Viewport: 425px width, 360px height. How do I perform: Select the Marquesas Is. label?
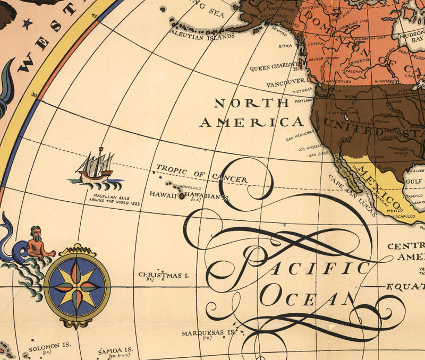coord(208,333)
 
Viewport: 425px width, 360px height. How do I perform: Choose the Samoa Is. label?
coord(115,352)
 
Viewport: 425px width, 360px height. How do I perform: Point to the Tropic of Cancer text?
coord(201,174)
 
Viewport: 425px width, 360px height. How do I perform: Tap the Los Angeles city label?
coord(311,149)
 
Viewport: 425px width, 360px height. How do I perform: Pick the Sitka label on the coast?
coord(285,46)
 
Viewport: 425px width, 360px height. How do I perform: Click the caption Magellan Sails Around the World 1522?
coord(113,199)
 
